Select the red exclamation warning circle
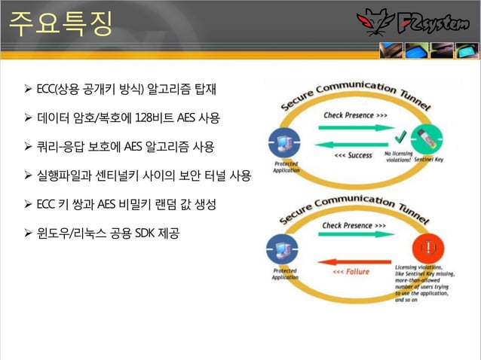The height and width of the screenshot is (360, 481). click(427, 247)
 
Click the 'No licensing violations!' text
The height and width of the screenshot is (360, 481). click(397, 157)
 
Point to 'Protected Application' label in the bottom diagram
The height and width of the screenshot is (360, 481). click(284, 274)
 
